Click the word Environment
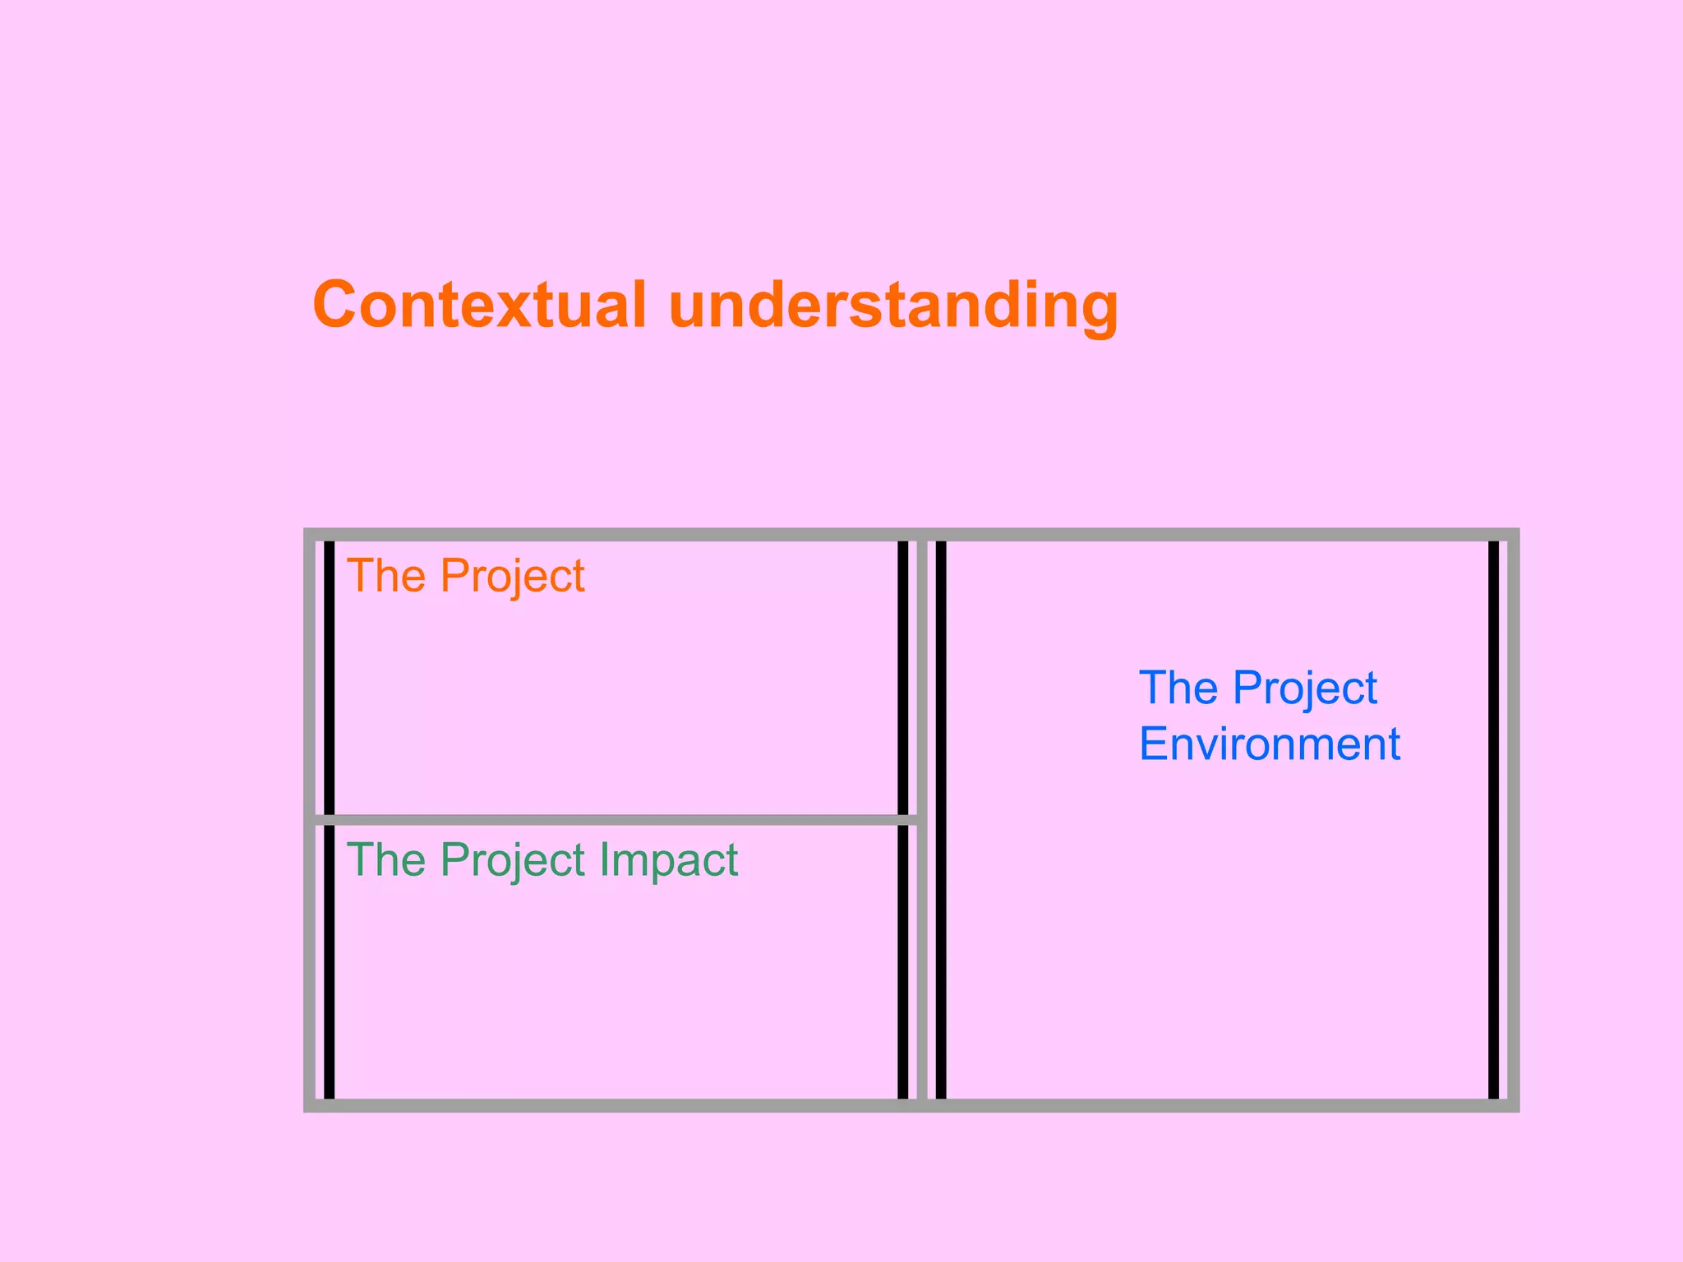pos(1269,744)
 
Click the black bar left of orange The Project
pos(329,677)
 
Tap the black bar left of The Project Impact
pos(329,961)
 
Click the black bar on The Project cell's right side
pos(902,677)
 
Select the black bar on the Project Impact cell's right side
pos(902,961)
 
